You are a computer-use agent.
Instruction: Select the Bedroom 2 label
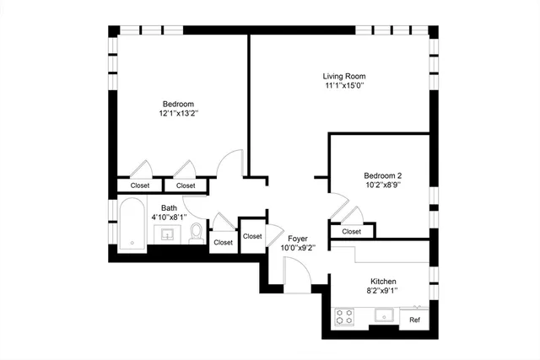pyautogui.click(x=382, y=175)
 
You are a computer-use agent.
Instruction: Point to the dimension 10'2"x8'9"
pyautogui.click(x=382, y=185)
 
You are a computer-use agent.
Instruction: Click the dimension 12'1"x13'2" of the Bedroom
pyautogui.click(x=177, y=113)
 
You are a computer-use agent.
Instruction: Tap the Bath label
pyautogui.click(x=170, y=207)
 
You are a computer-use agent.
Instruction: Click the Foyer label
pyautogui.click(x=297, y=239)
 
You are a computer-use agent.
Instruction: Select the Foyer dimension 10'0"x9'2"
pyautogui.click(x=297, y=249)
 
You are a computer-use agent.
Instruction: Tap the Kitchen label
pyautogui.click(x=383, y=281)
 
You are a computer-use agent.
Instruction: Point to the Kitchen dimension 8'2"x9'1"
pyautogui.click(x=383, y=291)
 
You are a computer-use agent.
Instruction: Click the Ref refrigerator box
pyautogui.click(x=414, y=320)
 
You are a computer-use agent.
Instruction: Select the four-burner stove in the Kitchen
pyautogui.click(x=345, y=317)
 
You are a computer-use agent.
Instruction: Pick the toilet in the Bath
pyautogui.click(x=196, y=231)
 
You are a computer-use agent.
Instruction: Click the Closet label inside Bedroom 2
pyautogui.click(x=351, y=231)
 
